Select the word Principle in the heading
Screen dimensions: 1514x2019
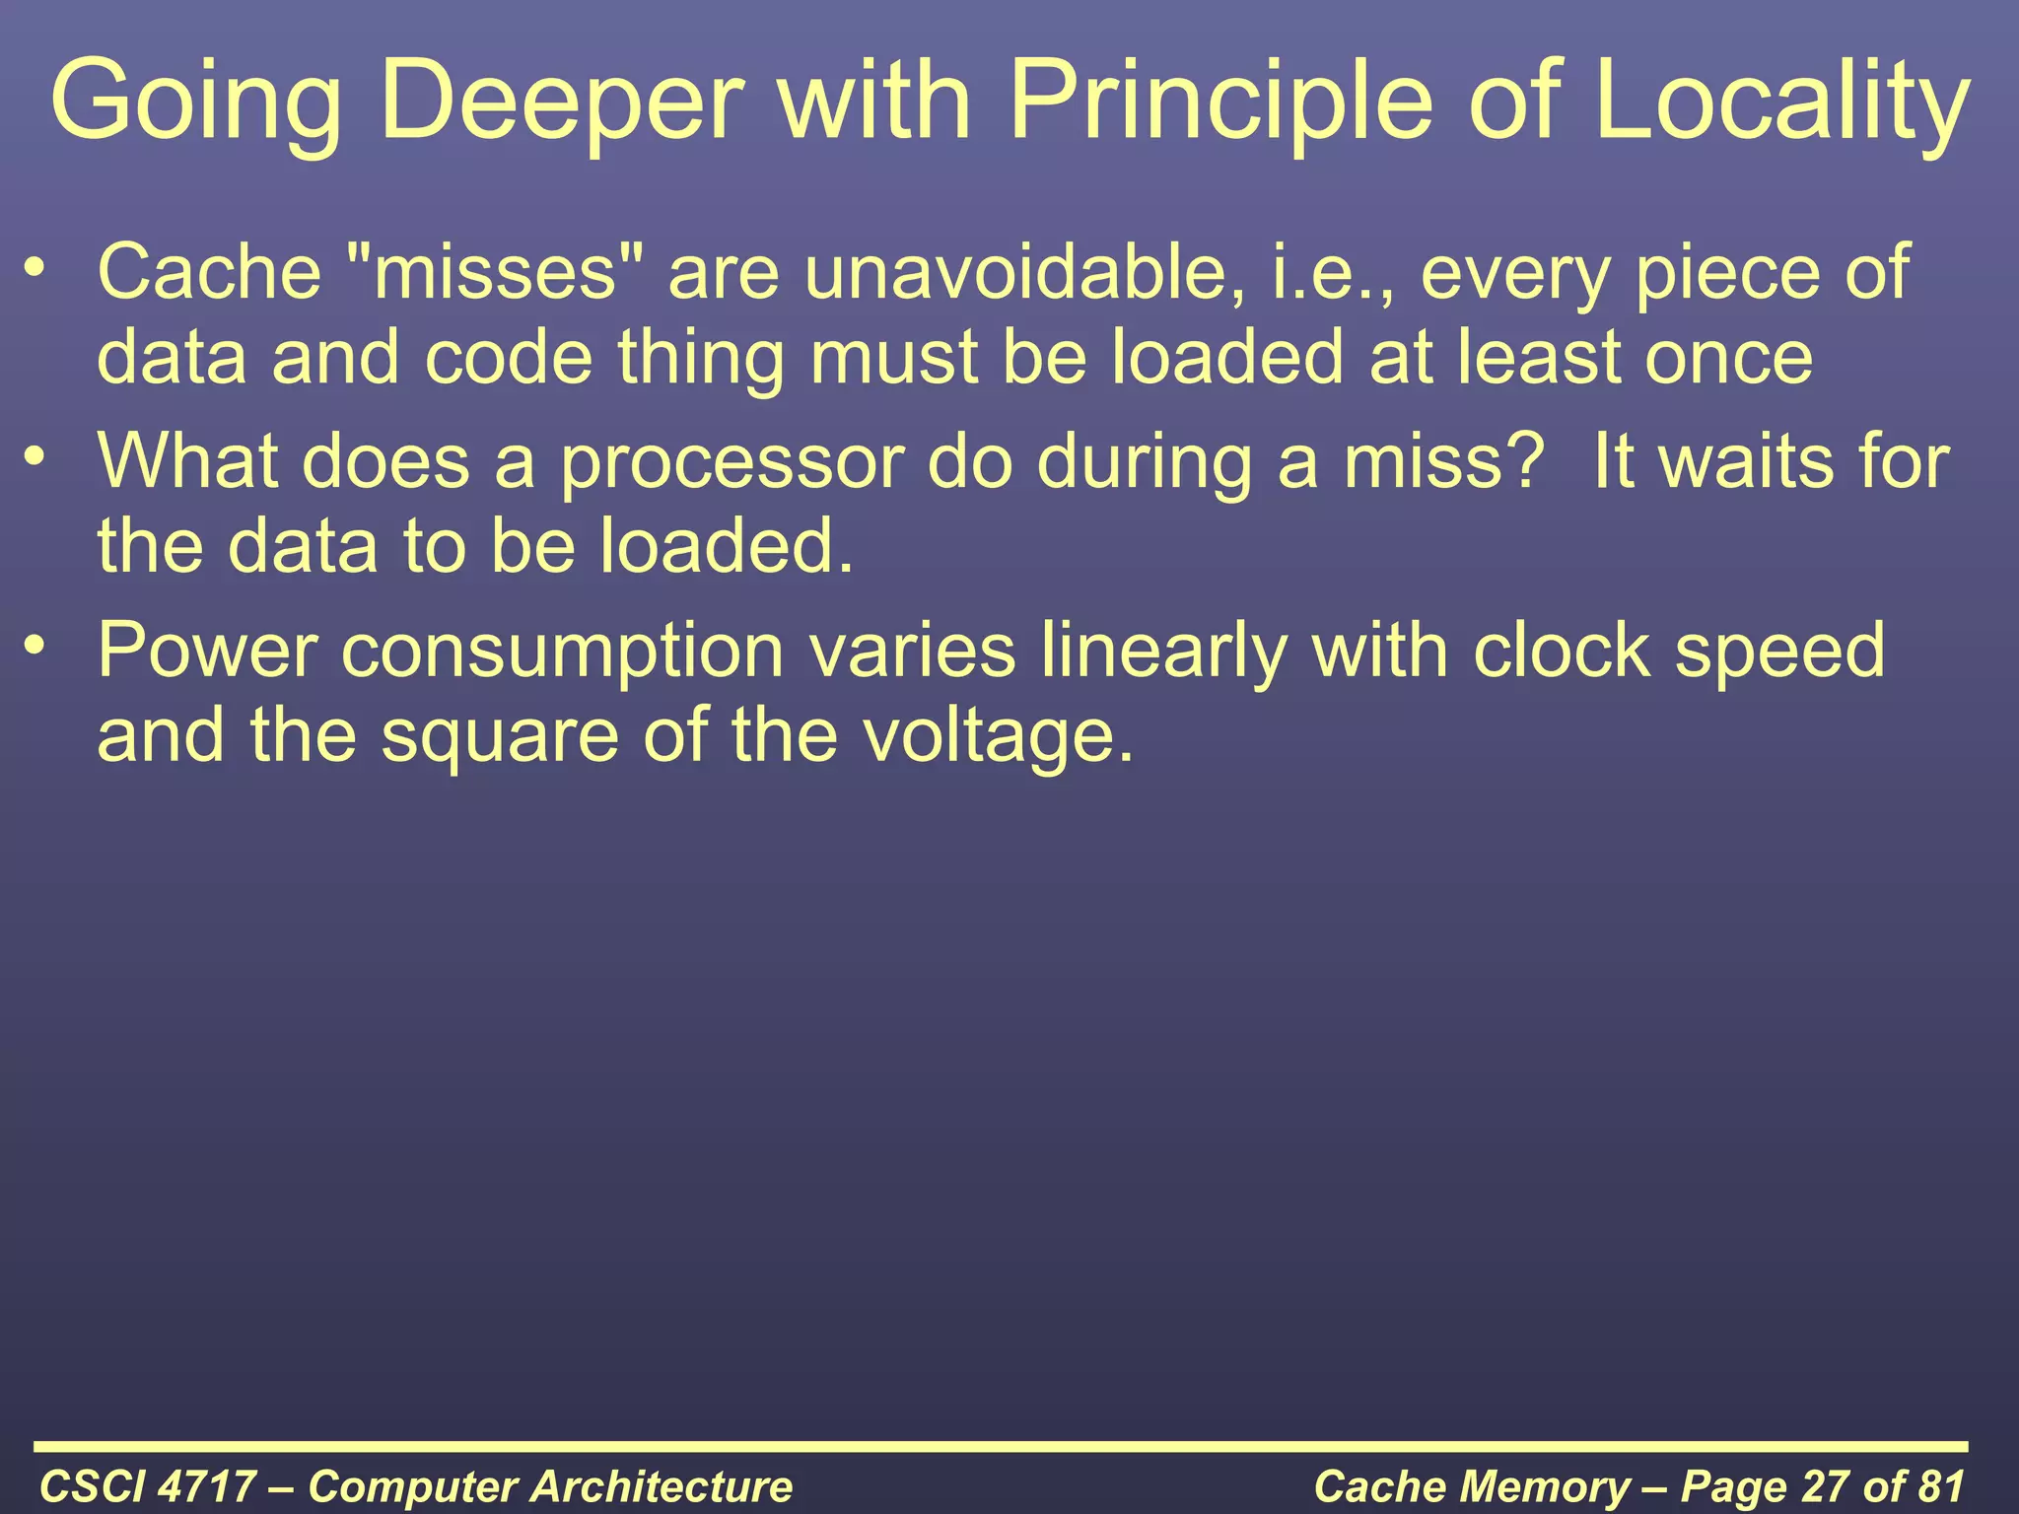click(1220, 102)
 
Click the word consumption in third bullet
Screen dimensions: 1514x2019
click(562, 652)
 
